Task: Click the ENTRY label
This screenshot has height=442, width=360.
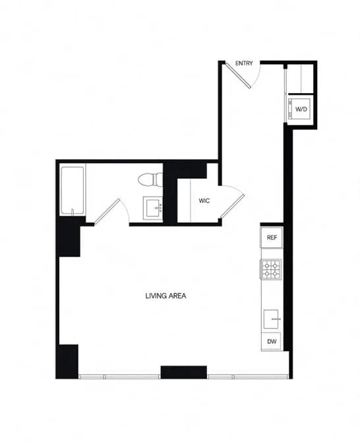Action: [245, 63]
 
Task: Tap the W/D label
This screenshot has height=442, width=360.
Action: [301, 109]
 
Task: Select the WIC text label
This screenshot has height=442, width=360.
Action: [204, 201]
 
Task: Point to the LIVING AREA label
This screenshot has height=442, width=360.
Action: [165, 296]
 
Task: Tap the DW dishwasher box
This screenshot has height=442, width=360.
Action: [271, 342]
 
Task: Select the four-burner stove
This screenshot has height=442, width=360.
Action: [271, 268]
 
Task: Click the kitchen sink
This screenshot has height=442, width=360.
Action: [272, 319]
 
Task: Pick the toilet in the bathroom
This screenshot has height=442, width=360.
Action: [148, 179]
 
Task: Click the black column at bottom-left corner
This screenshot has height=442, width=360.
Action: [67, 361]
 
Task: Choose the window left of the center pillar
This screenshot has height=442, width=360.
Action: [120, 376]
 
